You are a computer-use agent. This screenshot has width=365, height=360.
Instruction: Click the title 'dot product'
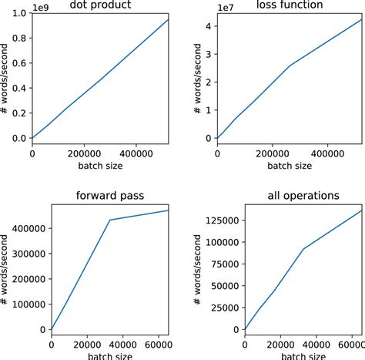pyautogui.click(x=100, y=5)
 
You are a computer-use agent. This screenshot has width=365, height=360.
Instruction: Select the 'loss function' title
pyautogui.click(x=289, y=5)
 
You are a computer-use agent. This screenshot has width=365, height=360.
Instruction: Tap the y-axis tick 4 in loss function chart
pyautogui.click(x=209, y=25)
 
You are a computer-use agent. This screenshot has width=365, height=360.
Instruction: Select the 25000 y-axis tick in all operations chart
pyautogui.click(x=224, y=307)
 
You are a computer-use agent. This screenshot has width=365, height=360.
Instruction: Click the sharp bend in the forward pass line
pyautogui.click(x=109, y=220)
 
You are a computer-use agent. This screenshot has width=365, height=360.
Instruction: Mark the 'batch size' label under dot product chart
pyautogui.click(x=100, y=165)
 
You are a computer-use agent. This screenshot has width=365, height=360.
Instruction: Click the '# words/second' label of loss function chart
pyautogui.click(x=198, y=77)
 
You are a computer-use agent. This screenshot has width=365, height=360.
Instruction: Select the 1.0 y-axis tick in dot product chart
pyautogui.click(x=17, y=13)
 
